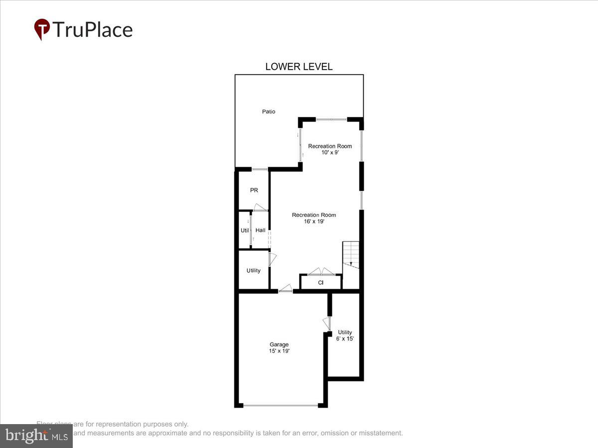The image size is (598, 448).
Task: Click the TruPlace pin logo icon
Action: coord(42,29)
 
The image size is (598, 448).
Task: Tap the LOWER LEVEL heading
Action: coord(299,67)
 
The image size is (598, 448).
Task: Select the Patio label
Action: coord(269,112)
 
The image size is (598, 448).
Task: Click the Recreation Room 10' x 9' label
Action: coord(330,149)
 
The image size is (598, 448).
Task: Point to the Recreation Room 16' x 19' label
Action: coord(314,218)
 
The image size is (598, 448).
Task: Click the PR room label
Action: coord(254,190)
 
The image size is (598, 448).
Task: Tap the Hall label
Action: coord(260,230)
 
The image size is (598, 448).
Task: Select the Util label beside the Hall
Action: coord(245,230)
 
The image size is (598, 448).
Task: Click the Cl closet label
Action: coord(321,283)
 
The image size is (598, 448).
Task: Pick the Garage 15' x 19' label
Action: coord(279,347)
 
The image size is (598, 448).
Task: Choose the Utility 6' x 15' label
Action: coord(345,336)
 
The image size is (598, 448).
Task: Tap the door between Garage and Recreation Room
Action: coord(286,288)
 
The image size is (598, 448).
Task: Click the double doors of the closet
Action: coord(321,271)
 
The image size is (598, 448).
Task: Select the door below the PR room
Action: coord(260,208)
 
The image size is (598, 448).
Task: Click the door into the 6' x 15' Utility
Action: coord(327,324)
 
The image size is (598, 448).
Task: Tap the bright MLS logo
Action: coord(36,436)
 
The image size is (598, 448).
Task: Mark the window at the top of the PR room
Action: coord(260,170)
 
